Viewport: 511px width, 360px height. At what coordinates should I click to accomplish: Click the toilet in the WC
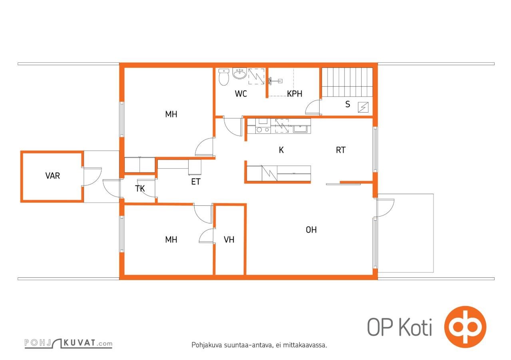(x=224, y=77)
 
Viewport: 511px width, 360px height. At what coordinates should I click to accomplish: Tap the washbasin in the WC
(x=240, y=73)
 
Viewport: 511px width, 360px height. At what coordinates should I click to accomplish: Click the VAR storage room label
(x=52, y=176)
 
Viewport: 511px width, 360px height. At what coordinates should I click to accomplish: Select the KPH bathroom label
(x=294, y=93)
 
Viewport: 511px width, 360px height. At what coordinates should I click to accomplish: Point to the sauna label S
(x=348, y=104)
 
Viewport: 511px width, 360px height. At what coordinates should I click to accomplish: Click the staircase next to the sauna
(x=347, y=82)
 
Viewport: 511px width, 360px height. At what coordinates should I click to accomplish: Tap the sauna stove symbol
(x=363, y=107)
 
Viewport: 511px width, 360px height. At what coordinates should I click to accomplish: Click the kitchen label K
(x=281, y=150)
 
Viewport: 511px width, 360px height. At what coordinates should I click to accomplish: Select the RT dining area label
(x=340, y=150)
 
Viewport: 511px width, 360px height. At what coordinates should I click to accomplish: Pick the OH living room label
(x=311, y=230)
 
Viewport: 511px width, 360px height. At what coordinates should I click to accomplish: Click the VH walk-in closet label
(x=229, y=240)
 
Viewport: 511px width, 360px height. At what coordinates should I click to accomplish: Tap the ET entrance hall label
(x=196, y=181)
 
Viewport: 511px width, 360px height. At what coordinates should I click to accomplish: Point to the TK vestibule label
(x=140, y=189)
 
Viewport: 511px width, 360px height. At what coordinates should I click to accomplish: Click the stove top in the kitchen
(x=263, y=130)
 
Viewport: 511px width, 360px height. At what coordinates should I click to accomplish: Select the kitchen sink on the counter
(x=301, y=129)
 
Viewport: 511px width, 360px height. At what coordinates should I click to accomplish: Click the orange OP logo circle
(x=465, y=327)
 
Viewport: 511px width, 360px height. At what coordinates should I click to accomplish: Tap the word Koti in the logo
(x=415, y=327)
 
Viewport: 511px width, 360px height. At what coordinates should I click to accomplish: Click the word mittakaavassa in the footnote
(x=304, y=345)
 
